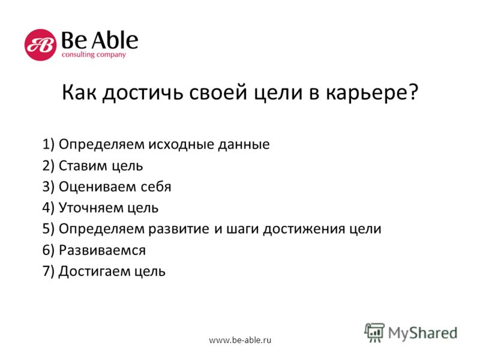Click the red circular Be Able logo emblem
[x=40, y=44]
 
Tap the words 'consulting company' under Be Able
[x=94, y=55]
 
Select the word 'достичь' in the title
[x=143, y=92]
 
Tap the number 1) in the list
[x=49, y=144]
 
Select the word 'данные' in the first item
[x=244, y=145]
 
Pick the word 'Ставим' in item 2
[x=83, y=166]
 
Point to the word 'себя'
[x=156, y=187]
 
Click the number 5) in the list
[x=49, y=229]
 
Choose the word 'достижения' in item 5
[x=304, y=229]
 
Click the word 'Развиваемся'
[x=102, y=250]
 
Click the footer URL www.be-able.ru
[x=240, y=340]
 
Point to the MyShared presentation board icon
[x=374, y=332]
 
